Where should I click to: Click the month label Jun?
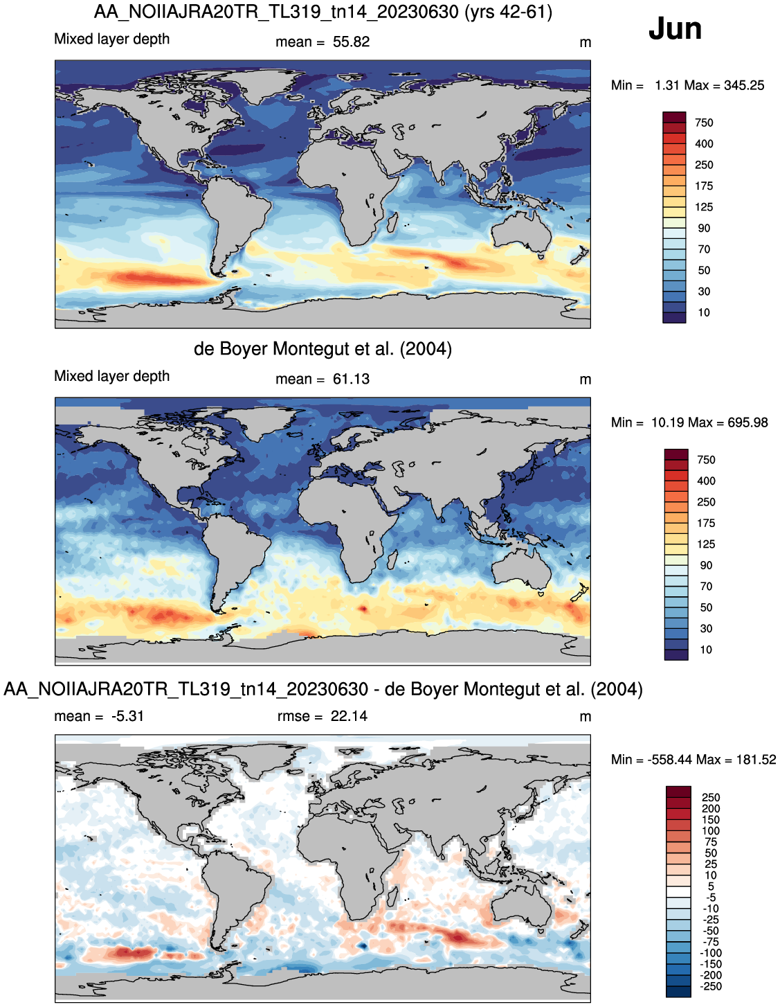[x=675, y=28]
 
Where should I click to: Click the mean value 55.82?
[x=351, y=42]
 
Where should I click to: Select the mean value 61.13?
[x=351, y=379]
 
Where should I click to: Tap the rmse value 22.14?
[x=349, y=716]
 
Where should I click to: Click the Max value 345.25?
[x=744, y=85]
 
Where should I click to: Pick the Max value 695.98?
[x=747, y=422]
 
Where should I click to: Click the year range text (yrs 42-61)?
[x=509, y=12]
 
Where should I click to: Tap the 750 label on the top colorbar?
[x=704, y=123]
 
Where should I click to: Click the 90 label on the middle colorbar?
[x=706, y=565]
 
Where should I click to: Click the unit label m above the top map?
[x=585, y=43]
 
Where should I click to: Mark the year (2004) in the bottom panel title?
[x=617, y=689]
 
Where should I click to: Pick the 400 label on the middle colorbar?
[x=706, y=481]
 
